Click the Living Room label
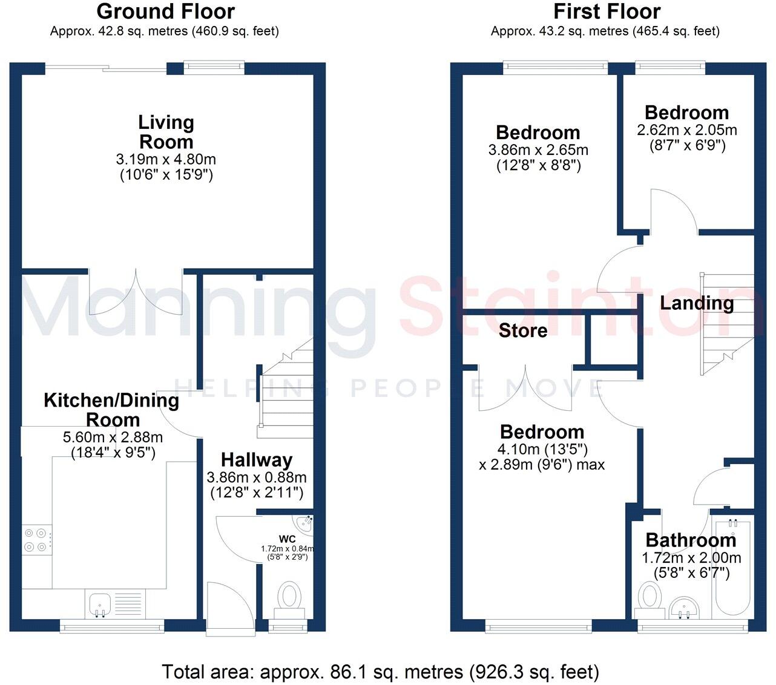(x=166, y=132)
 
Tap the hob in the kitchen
(x=36, y=540)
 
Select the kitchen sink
(x=100, y=603)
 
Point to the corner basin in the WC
(x=303, y=523)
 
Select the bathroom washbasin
(x=685, y=606)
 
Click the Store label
(x=523, y=330)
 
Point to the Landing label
(x=696, y=303)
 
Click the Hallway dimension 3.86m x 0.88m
(x=257, y=477)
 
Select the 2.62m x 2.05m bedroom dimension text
(x=687, y=130)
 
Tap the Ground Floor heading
(x=165, y=11)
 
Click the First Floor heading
(x=607, y=11)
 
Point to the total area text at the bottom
(x=380, y=672)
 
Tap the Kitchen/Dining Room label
(x=111, y=410)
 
